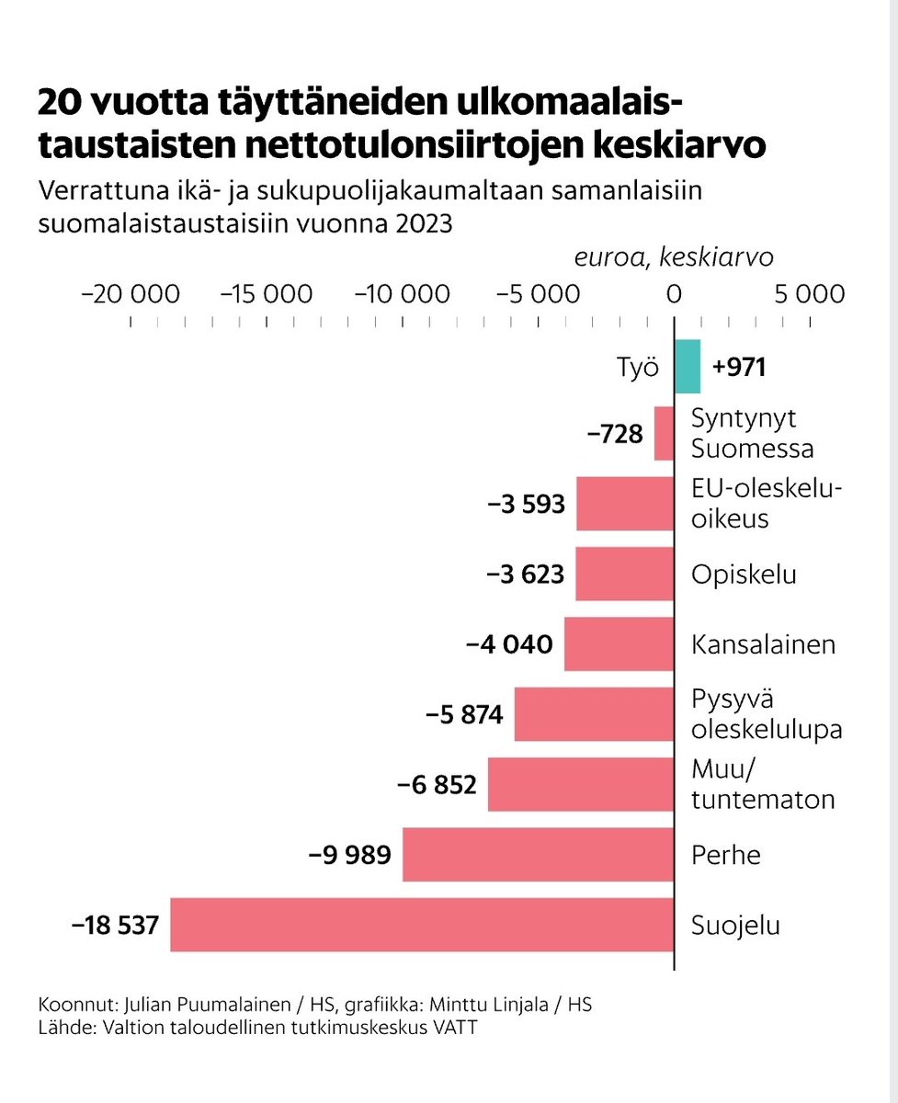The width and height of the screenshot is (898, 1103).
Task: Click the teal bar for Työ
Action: point(688,367)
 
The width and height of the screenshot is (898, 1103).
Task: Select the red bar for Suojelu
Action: point(422,925)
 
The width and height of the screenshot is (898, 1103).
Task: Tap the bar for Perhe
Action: point(538,855)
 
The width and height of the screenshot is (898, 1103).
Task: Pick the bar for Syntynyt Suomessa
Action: point(664,434)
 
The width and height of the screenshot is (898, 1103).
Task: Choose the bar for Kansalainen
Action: point(619,644)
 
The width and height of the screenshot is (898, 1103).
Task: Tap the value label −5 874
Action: point(464,714)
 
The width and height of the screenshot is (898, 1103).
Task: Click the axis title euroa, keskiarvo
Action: point(674,257)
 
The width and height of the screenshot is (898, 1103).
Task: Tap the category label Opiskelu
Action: point(744,574)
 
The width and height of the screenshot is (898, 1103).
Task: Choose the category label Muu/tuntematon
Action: point(762,784)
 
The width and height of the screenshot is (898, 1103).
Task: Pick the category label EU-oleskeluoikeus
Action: point(767,503)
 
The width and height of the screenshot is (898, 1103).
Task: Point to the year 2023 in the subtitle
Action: point(425,223)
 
